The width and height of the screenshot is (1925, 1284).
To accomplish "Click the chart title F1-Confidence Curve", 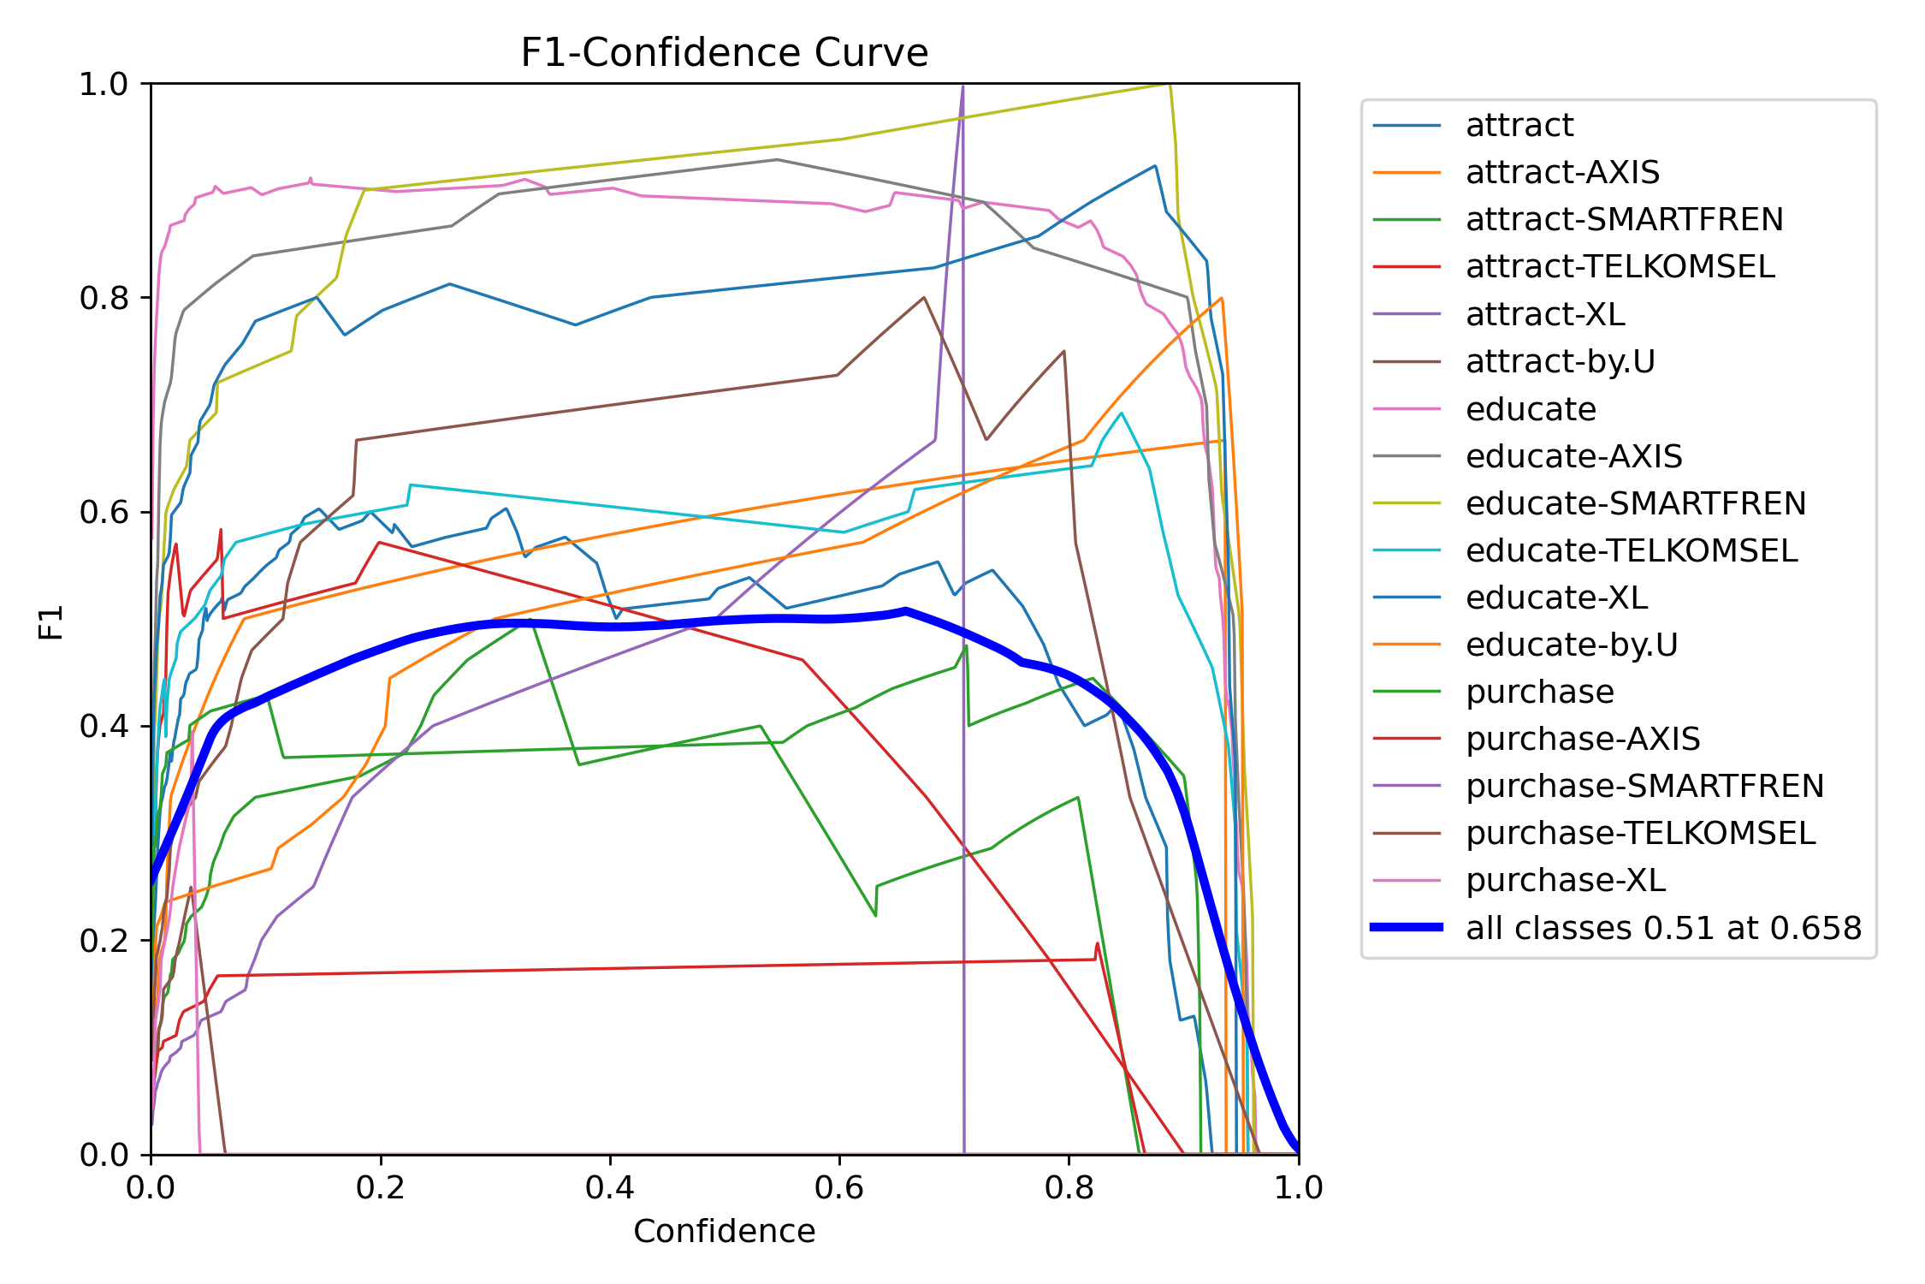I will pos(724,53).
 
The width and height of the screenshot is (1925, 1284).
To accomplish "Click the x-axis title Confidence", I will pos(724,1231).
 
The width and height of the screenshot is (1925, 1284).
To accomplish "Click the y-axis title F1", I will pos(51,621).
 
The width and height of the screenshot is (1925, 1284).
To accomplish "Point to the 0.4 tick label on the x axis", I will pos(610,1188).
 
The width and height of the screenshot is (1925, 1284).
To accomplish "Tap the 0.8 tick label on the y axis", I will pos(103,298).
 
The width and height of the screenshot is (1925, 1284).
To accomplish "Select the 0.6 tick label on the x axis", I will pos(839,1188).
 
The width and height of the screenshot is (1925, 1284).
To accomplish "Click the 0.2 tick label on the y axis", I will pos(103,941).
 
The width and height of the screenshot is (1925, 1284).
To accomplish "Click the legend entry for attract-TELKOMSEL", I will pos(1620,267).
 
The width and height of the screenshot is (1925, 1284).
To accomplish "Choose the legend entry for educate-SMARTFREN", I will pos(1635,503).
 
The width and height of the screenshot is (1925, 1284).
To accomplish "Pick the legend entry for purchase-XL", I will pos(1566,880).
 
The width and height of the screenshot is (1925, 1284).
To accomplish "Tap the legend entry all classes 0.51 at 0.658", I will pos(1663,928).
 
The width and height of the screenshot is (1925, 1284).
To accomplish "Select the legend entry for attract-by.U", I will pos(1560,362).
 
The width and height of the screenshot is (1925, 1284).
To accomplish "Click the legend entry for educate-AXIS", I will pos(1573,456).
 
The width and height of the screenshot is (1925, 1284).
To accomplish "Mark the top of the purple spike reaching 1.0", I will pos(962,86).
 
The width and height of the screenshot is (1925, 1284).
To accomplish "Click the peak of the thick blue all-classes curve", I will pos(905,610).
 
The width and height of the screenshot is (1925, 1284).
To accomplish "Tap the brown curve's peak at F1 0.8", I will pos(924,298).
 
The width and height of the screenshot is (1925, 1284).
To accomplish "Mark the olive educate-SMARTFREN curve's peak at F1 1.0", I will pos(1169,85).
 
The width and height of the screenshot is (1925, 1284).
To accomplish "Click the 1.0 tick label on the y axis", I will pos(103,84).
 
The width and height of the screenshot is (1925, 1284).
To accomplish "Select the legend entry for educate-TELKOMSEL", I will pos(1631,550).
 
